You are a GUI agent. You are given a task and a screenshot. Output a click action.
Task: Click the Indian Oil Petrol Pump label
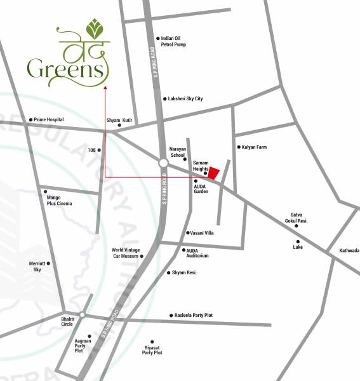tap(175, 42)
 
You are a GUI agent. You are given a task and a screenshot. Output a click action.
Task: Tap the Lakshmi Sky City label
tap(185, 99)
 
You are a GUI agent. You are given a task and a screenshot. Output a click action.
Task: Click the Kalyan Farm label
tap(254, 147)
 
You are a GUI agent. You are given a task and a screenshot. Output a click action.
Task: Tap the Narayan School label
tap(177, 152)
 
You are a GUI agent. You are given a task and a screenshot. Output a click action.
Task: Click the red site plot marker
tap(215, 173)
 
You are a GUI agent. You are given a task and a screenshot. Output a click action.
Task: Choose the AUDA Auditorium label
tap(197, 253)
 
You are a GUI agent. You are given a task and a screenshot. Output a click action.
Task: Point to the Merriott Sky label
tap(37, 267)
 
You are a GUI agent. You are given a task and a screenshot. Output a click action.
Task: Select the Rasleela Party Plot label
tap(194, 316)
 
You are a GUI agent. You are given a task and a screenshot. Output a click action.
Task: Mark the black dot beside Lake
tap(298, 241)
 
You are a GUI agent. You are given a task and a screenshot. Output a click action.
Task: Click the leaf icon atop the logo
tap(95, 29)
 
